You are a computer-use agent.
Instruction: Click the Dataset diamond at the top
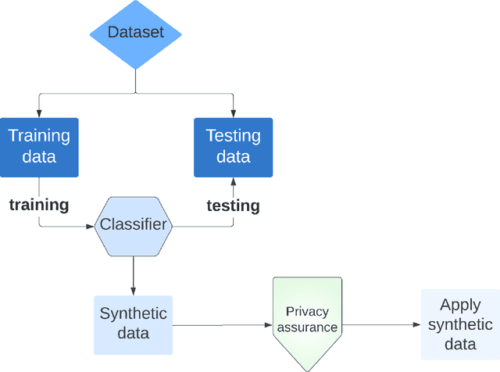136,33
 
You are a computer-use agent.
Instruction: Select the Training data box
39,147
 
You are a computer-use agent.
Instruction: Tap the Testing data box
233,147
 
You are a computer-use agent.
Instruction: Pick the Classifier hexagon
133,226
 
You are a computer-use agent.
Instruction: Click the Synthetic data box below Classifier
133,324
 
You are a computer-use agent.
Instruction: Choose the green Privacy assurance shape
307,320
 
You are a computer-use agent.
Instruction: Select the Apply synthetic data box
460,324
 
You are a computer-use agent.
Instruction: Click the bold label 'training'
38,205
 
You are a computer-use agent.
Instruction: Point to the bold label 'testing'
233,206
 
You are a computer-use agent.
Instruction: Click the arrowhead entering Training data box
39,113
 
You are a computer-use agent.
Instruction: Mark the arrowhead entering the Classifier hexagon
89,227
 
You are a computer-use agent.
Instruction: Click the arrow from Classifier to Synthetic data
133,274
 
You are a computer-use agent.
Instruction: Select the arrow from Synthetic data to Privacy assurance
223,324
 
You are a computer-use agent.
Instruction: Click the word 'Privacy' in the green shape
307,311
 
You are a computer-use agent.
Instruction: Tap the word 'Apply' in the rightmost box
460,306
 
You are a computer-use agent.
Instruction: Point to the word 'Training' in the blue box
39,136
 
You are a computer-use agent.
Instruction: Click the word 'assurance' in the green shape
307,327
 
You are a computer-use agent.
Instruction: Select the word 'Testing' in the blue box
233,136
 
